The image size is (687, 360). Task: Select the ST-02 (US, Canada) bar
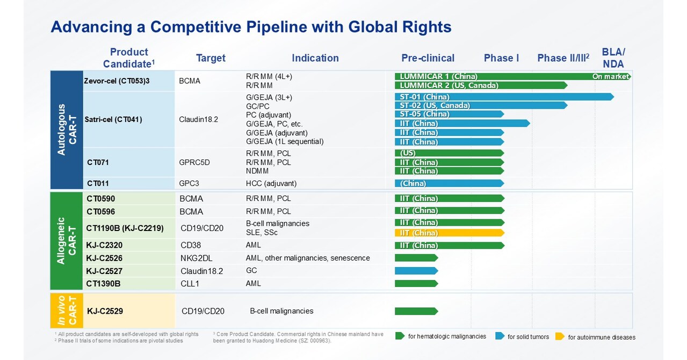(481, 105)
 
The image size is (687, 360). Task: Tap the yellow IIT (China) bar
(450, 233)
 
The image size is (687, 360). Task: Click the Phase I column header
(501, 58)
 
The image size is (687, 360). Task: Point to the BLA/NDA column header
(613, 58)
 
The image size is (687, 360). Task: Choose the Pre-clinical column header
(428, 58)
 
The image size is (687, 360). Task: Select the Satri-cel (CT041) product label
(113, 119)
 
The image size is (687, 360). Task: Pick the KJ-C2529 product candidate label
(109, 311)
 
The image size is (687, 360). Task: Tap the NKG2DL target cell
(196, 258)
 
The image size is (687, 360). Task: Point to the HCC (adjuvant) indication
(271, 183)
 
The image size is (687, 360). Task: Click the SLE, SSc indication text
(262, 233)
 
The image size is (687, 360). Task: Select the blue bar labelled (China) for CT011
(450, 183)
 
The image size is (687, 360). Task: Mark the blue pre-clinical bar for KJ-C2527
(416, 270)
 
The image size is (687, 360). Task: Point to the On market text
(610, 76)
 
